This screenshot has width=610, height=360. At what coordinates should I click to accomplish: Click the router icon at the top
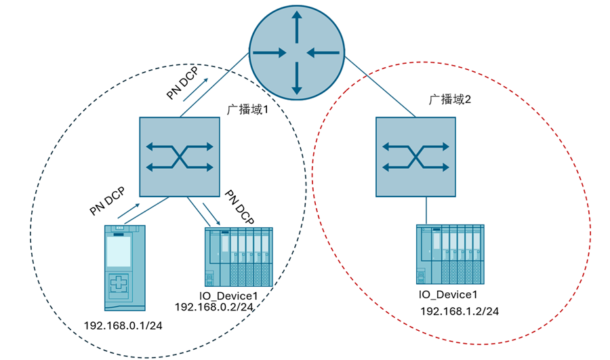[296, 52]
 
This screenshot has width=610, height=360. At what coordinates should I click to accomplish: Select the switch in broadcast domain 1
[180, 157]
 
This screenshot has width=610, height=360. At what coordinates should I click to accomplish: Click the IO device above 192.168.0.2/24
[239, 256]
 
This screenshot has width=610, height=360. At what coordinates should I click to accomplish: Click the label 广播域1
[249, 108]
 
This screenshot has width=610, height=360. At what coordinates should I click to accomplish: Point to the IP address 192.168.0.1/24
[123, 326]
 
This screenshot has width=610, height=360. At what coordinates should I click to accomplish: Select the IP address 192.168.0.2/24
[214, 306]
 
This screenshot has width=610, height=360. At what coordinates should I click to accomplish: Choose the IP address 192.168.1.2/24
[460, 311]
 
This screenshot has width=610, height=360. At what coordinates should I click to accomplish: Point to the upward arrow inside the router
[296, 25]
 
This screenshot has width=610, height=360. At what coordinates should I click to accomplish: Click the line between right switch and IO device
[426, 210]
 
